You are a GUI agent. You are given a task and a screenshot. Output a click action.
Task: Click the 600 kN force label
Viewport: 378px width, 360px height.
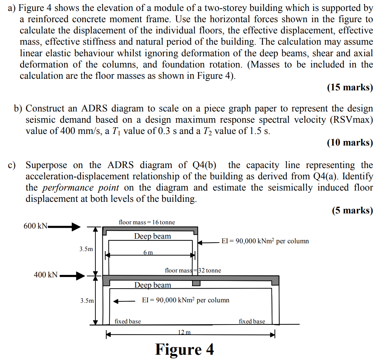pos(35,226)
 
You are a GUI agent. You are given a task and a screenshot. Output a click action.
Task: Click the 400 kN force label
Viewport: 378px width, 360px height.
pos(45,275)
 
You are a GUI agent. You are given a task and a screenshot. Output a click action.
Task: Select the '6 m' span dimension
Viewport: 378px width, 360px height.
pos(148,252)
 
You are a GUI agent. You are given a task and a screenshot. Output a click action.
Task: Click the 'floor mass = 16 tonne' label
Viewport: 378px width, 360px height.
pos(147,222)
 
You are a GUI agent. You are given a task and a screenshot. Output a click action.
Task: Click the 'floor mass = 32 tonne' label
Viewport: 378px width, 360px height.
pos(193,270)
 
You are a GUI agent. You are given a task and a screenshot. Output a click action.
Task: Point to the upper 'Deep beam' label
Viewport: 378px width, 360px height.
pos(152,236)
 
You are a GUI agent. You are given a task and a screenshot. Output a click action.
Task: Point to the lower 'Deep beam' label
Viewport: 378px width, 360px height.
pos(152,285)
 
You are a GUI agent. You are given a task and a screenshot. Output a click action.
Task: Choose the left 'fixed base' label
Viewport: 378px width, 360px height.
pos(128,321)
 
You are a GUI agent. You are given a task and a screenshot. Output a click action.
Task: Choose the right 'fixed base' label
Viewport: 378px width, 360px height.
pos(252,321)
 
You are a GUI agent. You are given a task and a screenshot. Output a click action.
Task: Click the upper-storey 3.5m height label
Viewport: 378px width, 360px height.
pos(86,249)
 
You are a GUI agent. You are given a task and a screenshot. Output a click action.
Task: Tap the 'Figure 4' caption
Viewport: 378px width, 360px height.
pos(184,349)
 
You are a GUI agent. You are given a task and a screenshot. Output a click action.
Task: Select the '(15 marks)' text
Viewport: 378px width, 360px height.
pos(350,87)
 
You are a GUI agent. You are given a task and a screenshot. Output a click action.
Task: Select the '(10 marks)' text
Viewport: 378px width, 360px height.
pos(350,142)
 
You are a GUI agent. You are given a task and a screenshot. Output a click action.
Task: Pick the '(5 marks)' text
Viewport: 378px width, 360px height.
pos(352,210)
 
